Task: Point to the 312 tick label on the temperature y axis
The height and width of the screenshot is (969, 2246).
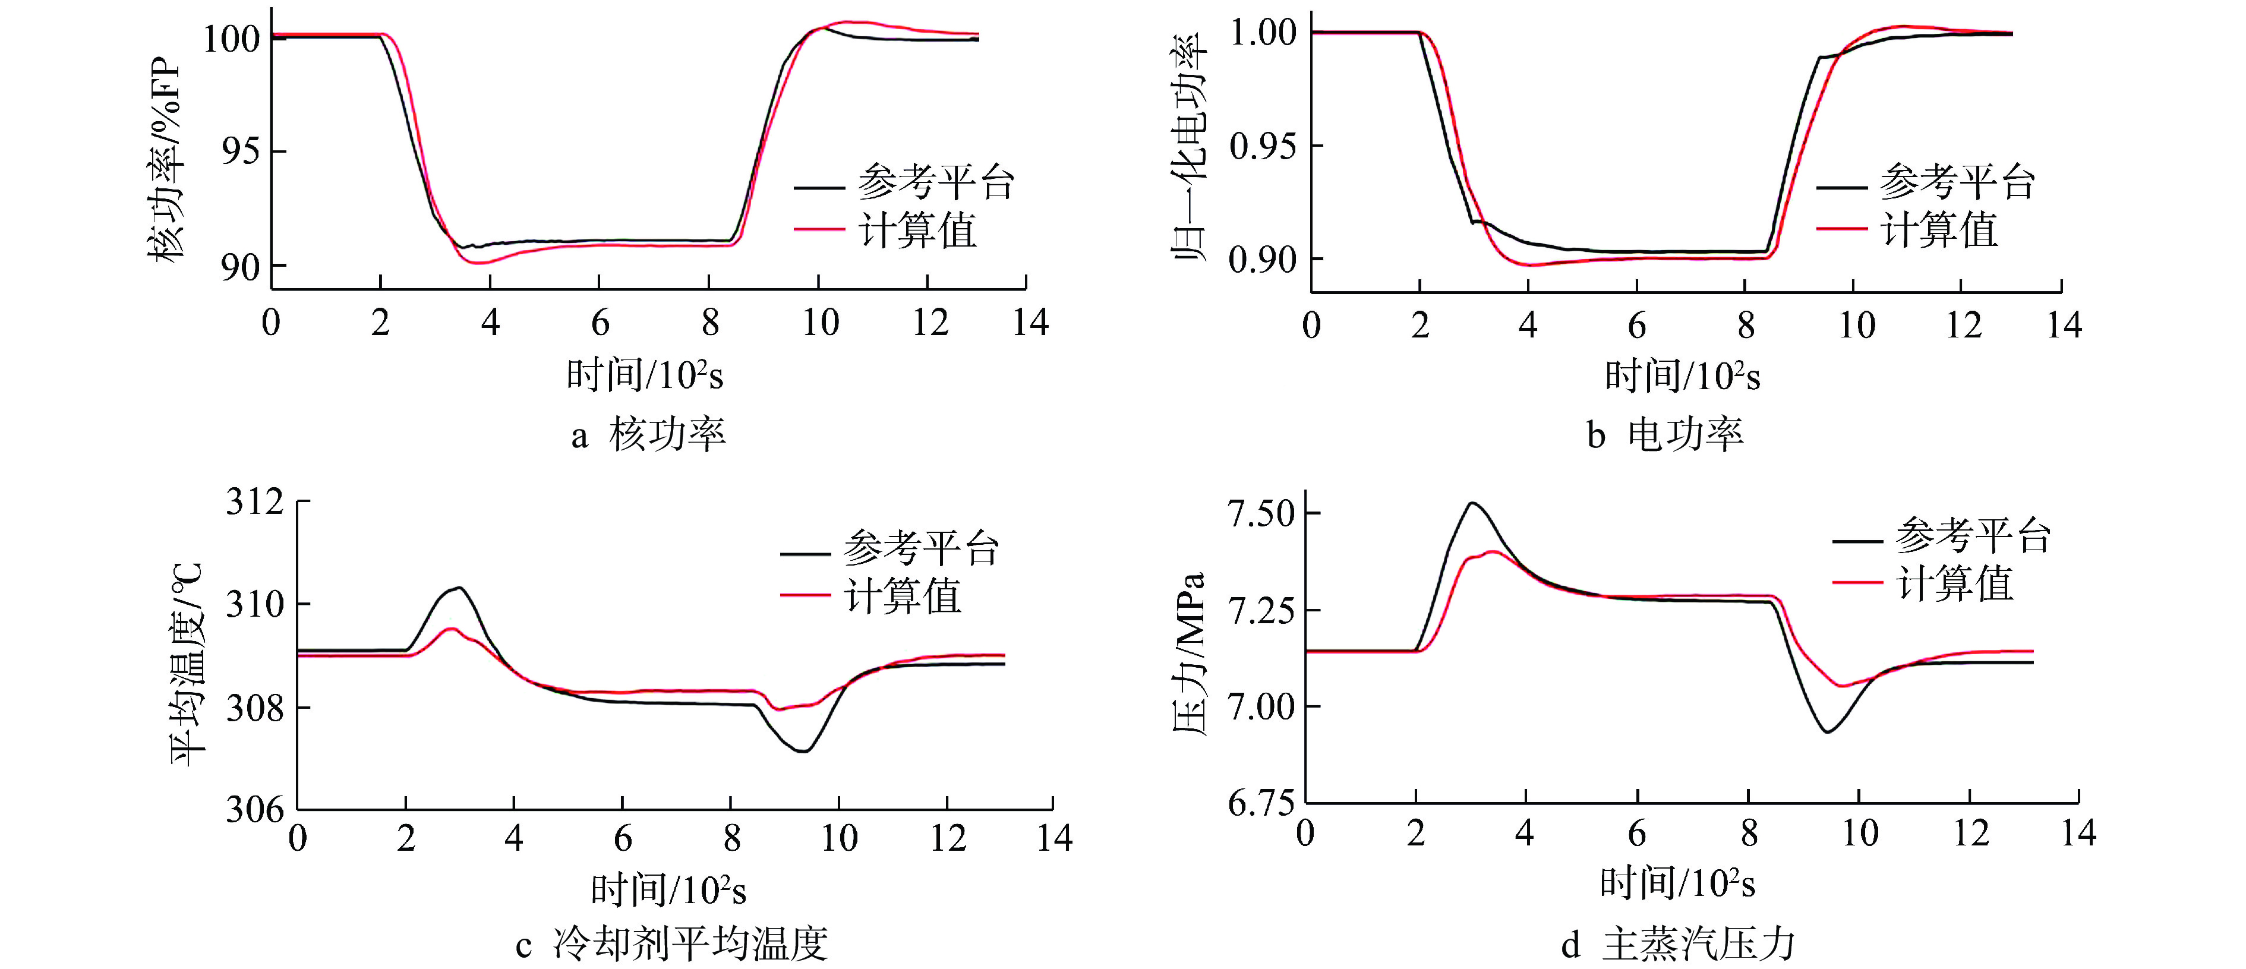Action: click(x=254, y=503)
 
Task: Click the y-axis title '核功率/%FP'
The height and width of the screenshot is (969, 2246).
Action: click(x=166, y=162)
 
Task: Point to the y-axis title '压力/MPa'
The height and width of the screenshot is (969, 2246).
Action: click(x=1188, y=654)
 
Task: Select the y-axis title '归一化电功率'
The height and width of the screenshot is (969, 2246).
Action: click(x=1188, y=149)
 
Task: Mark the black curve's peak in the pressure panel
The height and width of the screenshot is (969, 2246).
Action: click(x=1472, y=503)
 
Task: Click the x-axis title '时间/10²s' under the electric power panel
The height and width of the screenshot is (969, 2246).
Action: click(x=1682, y=377)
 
